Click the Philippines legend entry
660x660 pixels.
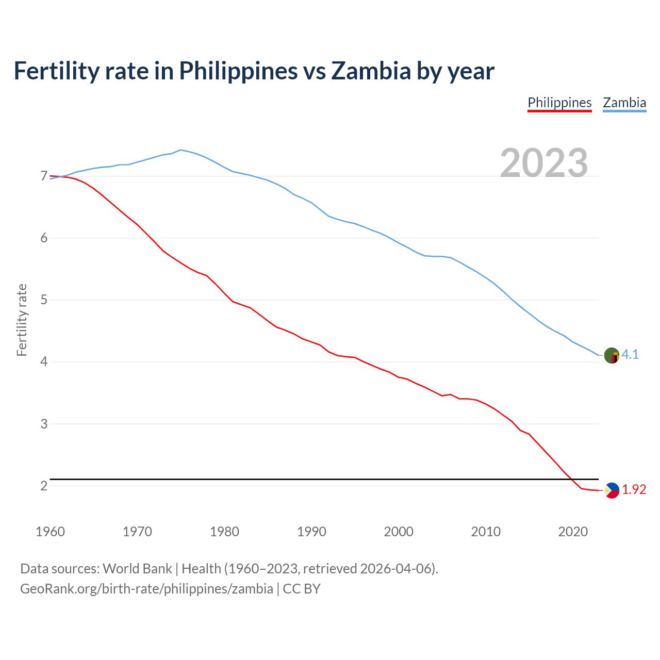[559, 103]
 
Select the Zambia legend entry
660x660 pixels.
[624, 103]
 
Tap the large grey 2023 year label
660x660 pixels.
[544, 163]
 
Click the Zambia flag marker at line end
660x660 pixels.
[612, 355]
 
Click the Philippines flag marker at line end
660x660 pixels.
[612, 490]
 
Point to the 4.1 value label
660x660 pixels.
[630, 354]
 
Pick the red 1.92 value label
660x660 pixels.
[634, 490]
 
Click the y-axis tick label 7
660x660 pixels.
[44, 176]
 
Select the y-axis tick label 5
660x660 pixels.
[44, 300]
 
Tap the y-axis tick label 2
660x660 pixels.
[44, 486]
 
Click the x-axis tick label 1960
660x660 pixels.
[50, 532]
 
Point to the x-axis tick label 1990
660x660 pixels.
[311, 532]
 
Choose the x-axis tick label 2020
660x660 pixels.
[573, 532]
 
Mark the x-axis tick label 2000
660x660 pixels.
[399, 532]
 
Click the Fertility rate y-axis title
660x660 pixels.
[22, 320]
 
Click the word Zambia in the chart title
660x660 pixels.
[371, 71]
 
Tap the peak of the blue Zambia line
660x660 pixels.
[180, 150]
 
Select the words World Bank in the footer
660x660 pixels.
[137, 569]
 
